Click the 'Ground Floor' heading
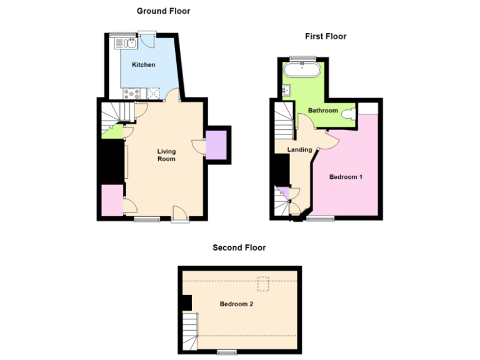click(x=163, y=11)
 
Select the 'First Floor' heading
click(x=325, y=36)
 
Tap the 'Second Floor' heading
click(x=239, y=247)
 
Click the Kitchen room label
click(x=143, y=64)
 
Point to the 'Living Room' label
click(x=166, y=155)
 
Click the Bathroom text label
click(x=322, y=111)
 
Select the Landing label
click(x=299, y=149)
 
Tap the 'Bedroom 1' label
click(x=346, y=177)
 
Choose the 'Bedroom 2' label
click(x=236, y=304)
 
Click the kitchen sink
click(x=126, y=43)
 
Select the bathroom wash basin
click(x=287, y=90)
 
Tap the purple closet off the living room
click(x=217, y=145)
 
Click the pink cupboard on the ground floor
click(x=112, y=201)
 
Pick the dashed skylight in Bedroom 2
click(x=265, y=284)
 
